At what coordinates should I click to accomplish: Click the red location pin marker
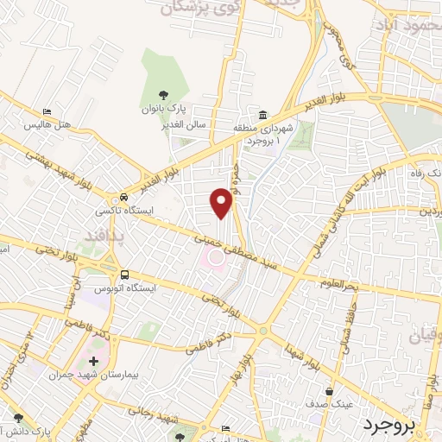click(223, 203)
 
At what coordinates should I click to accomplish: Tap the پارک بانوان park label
click(163, 111)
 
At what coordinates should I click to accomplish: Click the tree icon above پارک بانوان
click(163, 96)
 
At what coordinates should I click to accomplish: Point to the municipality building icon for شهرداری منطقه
click(263, 115)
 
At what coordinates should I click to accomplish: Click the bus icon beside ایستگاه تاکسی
click(125, 195)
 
